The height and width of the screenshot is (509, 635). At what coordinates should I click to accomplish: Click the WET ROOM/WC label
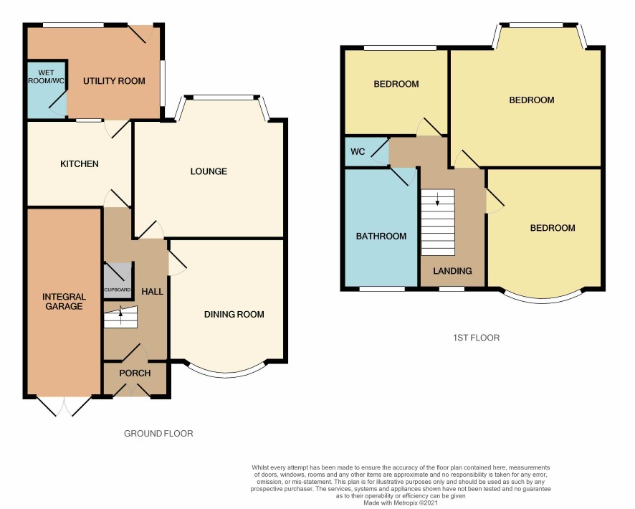[46, 77]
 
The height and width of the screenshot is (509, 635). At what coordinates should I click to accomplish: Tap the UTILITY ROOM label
[114, 81]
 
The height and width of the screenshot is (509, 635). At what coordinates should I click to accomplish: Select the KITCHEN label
[80, 164]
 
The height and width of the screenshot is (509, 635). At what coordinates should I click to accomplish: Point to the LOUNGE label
[209, 171]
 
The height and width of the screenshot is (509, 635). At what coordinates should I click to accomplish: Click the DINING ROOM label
[234, 314]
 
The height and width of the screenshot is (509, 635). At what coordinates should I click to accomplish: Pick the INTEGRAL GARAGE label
[64, 302]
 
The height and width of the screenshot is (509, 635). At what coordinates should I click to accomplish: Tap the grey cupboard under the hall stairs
[118, 280]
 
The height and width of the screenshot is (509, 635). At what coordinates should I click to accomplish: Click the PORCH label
[135, 373]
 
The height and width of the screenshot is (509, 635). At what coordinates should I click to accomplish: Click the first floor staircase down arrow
[437, 199]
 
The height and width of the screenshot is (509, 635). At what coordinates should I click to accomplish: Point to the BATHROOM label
[381, 236]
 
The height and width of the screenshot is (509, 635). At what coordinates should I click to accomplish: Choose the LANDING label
[452, 271]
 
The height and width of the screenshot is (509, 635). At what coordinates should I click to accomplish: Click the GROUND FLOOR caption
[158, 434]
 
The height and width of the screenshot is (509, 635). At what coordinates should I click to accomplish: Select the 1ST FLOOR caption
[476, 338]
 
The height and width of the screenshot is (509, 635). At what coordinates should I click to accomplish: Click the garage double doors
[64, 406]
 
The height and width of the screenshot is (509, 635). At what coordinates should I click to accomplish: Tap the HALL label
[152, 292]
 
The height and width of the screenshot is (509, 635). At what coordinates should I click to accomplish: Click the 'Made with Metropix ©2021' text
[401, 503]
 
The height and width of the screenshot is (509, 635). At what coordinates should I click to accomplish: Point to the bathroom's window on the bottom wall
[382, 289]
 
